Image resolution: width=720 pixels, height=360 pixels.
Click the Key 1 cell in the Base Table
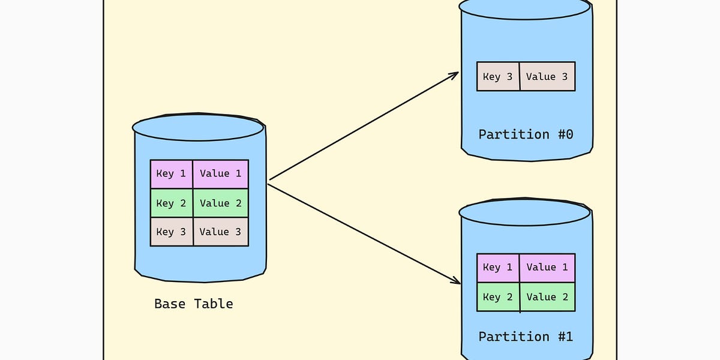click(172, 174)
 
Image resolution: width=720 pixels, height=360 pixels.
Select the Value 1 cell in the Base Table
click(220, 174)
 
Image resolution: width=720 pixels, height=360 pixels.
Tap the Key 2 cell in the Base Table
click(172, 203)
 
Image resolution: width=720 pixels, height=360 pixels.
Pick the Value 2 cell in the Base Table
click(220, 203)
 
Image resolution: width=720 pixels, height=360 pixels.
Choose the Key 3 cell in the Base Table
click(172, 232)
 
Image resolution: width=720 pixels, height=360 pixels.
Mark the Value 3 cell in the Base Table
click(220, 232)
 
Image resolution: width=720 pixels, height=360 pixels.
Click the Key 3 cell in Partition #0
click(498, 77)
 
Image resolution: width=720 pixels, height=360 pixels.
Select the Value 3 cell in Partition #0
click(547, 77)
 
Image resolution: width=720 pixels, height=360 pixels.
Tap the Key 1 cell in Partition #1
click(498, 268)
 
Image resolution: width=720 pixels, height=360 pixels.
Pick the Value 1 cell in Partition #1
click(547, 268)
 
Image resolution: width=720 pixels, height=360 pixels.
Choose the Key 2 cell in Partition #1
click(498, 297)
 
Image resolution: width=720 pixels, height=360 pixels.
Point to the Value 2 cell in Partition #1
click(547, 297)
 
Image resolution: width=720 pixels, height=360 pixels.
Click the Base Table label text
click(193, 304)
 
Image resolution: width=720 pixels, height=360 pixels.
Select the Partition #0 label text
click(526, 134)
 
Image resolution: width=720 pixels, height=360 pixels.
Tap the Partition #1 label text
click(526, 337)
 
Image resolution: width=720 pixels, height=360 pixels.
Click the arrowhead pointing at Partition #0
click(454, 74)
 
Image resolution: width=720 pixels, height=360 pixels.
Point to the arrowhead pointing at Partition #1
click(455, 281)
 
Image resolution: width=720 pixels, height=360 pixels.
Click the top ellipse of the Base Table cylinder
click(198, 127)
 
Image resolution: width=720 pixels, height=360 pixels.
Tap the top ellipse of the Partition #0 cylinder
click(525, 7)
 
